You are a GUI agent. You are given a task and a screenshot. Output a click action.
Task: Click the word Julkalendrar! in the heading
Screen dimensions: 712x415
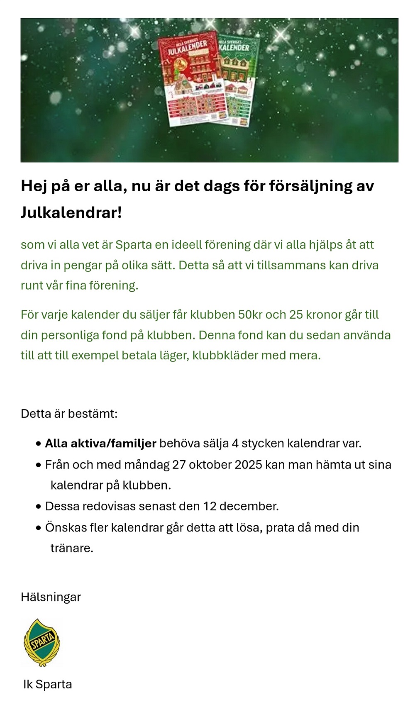point(71,212)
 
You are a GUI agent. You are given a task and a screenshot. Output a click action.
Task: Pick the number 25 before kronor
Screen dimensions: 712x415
point(296,315)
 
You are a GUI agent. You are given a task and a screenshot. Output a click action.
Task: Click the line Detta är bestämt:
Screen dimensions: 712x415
point(69,414)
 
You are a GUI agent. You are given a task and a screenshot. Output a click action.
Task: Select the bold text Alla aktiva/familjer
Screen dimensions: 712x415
point(100,444)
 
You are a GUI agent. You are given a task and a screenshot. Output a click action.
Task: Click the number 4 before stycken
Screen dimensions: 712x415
point(235,444)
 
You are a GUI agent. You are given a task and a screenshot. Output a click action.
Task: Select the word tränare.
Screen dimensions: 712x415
point(72,548)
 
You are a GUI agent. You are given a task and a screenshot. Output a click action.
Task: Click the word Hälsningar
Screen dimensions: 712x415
point(51,597)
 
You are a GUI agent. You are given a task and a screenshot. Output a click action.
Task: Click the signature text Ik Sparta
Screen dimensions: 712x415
point(47,684)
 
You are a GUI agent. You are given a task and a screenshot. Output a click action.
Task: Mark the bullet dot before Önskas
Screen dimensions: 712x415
point(39,528)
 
